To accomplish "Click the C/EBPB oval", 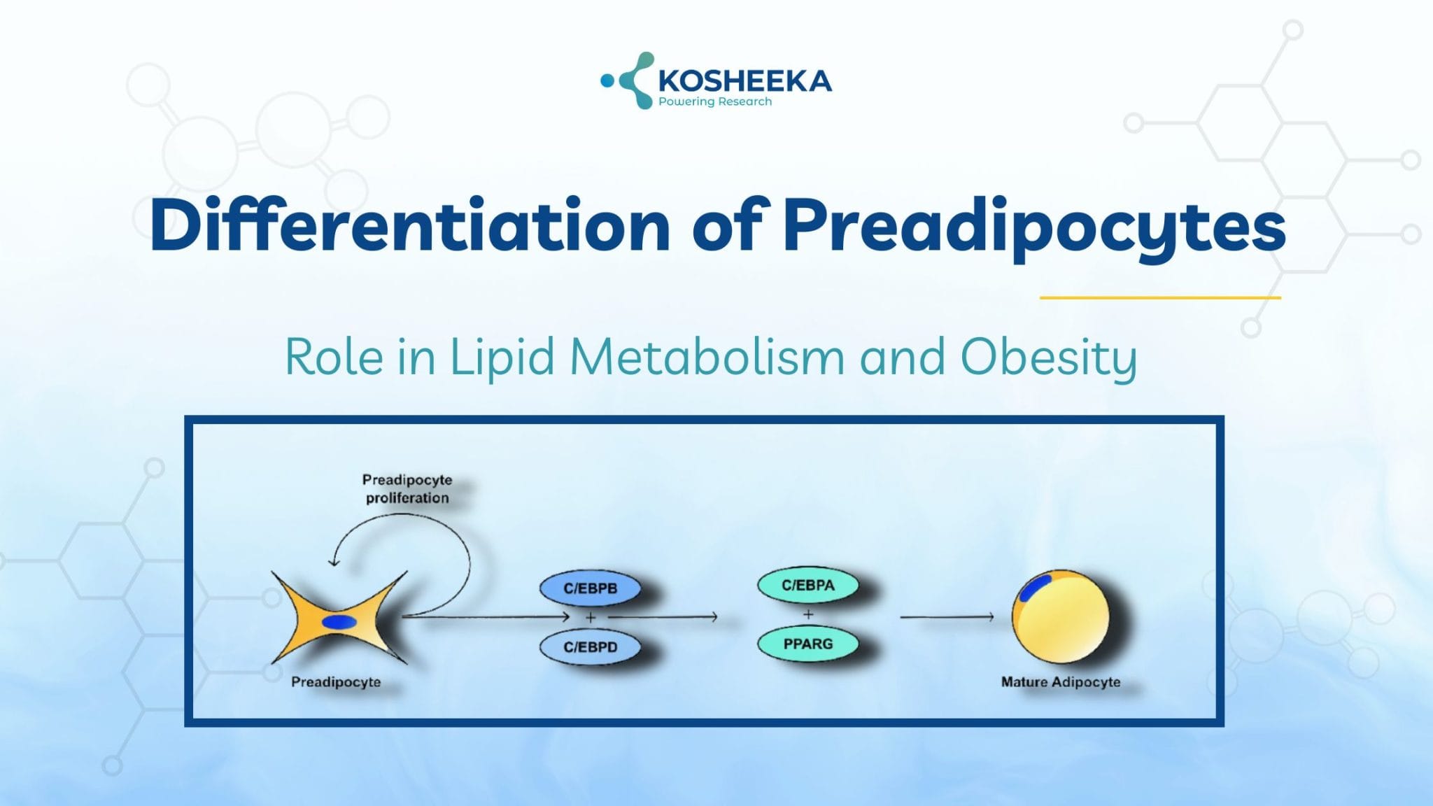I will (x=590, y=588).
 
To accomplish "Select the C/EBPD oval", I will (x=590, y=647).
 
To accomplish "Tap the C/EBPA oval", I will (x=807, y=585).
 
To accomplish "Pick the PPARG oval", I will (x=807, y=644).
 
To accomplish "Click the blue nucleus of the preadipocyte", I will (x=339, y=622).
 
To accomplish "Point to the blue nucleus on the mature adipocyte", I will (x=1035, y=588).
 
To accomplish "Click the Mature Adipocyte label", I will (x=1060, y=681).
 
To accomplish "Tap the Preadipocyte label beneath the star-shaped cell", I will (x=336, y=681).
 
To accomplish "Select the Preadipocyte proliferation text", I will (x=407, y=488).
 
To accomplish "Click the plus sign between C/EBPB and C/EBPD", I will (x=590, y=617).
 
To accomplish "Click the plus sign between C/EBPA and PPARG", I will (x=808, y=614).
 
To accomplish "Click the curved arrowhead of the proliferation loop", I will (x=334, y=561).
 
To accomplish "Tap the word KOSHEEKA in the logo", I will (x=744, y=81).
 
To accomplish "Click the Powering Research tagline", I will (x=714, y=102).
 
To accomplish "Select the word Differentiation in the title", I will (x=410, y=225).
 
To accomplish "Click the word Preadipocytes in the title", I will (x=1034, y=225).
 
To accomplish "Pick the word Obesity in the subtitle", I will (x=1048, y=357).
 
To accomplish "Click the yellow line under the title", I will (x=1159, y=297).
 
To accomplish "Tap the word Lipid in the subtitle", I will (x=502, y=357).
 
